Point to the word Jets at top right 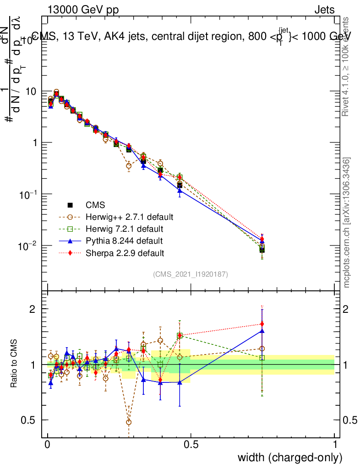324,10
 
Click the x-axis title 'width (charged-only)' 289,457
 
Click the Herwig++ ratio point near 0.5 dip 129,422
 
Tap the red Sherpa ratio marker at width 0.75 262,324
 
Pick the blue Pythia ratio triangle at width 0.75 262,331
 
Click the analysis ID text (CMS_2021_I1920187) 191,274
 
